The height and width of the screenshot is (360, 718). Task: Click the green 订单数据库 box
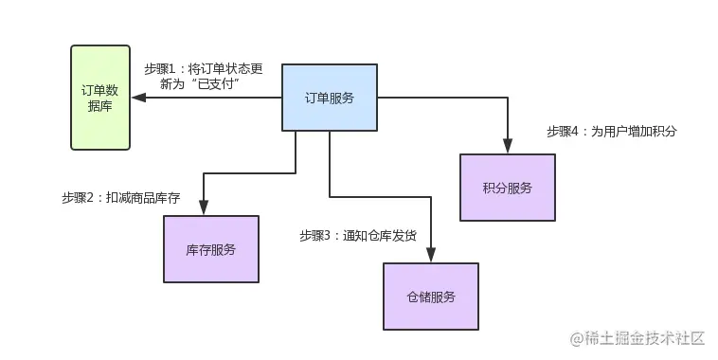pos(100,98)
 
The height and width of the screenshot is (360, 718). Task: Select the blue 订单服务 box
pos(330,98)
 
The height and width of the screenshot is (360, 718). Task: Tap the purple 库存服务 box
pos(210,249)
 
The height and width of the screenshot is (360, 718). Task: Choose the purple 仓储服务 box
pos(430,297)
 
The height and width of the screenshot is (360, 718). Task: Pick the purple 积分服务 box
pos(507,188)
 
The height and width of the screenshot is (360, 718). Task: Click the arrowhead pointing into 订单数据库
pos(138,98)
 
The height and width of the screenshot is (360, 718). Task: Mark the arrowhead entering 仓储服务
pos(431,256)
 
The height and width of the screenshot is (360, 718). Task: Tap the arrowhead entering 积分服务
pos(508,146)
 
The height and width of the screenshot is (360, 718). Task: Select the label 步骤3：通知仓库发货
pos(357,235)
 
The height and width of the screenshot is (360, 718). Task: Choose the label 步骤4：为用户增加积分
pos(611,132)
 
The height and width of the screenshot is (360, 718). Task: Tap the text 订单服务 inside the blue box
pos(330,98)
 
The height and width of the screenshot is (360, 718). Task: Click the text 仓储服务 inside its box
pos(430,297)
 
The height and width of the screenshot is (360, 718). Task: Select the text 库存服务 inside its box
pos(210,250)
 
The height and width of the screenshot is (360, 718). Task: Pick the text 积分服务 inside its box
pos(507,188)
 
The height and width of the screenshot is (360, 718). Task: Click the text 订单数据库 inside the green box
pos(100,98)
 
